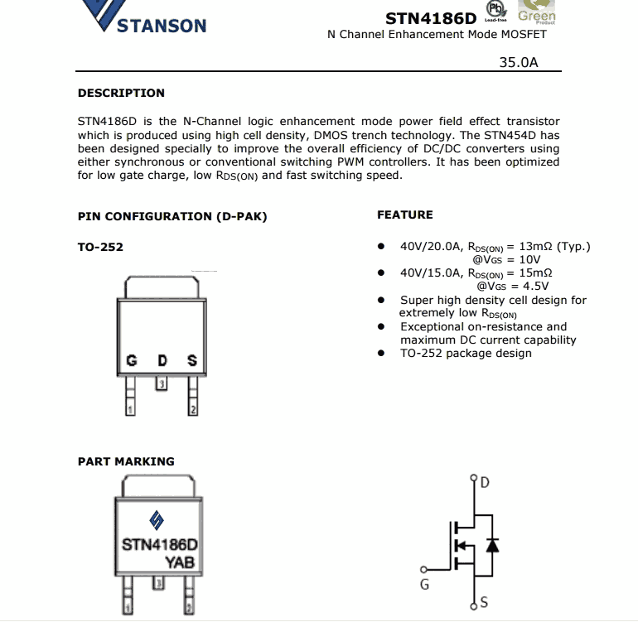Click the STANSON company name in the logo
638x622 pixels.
point(161,26)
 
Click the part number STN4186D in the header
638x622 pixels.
point(430,18)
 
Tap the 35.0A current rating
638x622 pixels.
point(519,61)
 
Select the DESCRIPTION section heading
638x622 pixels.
point(121,93)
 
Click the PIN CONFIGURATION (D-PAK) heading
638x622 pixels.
point(172,216)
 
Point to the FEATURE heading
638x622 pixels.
point(405,215)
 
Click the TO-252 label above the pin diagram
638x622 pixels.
point(100,246)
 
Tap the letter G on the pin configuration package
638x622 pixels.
point(131,360)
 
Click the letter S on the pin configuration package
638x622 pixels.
point(192,360)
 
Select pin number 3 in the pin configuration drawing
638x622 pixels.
point(162,383)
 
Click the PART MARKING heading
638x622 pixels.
point(126,461)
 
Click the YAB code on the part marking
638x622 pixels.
point(180,562)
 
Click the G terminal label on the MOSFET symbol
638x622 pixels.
point(425,585)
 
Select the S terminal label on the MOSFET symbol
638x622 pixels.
point(484,603)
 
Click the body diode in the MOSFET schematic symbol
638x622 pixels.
point(491,545)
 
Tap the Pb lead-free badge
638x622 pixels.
point(496,11)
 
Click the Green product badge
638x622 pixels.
point(536,13)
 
